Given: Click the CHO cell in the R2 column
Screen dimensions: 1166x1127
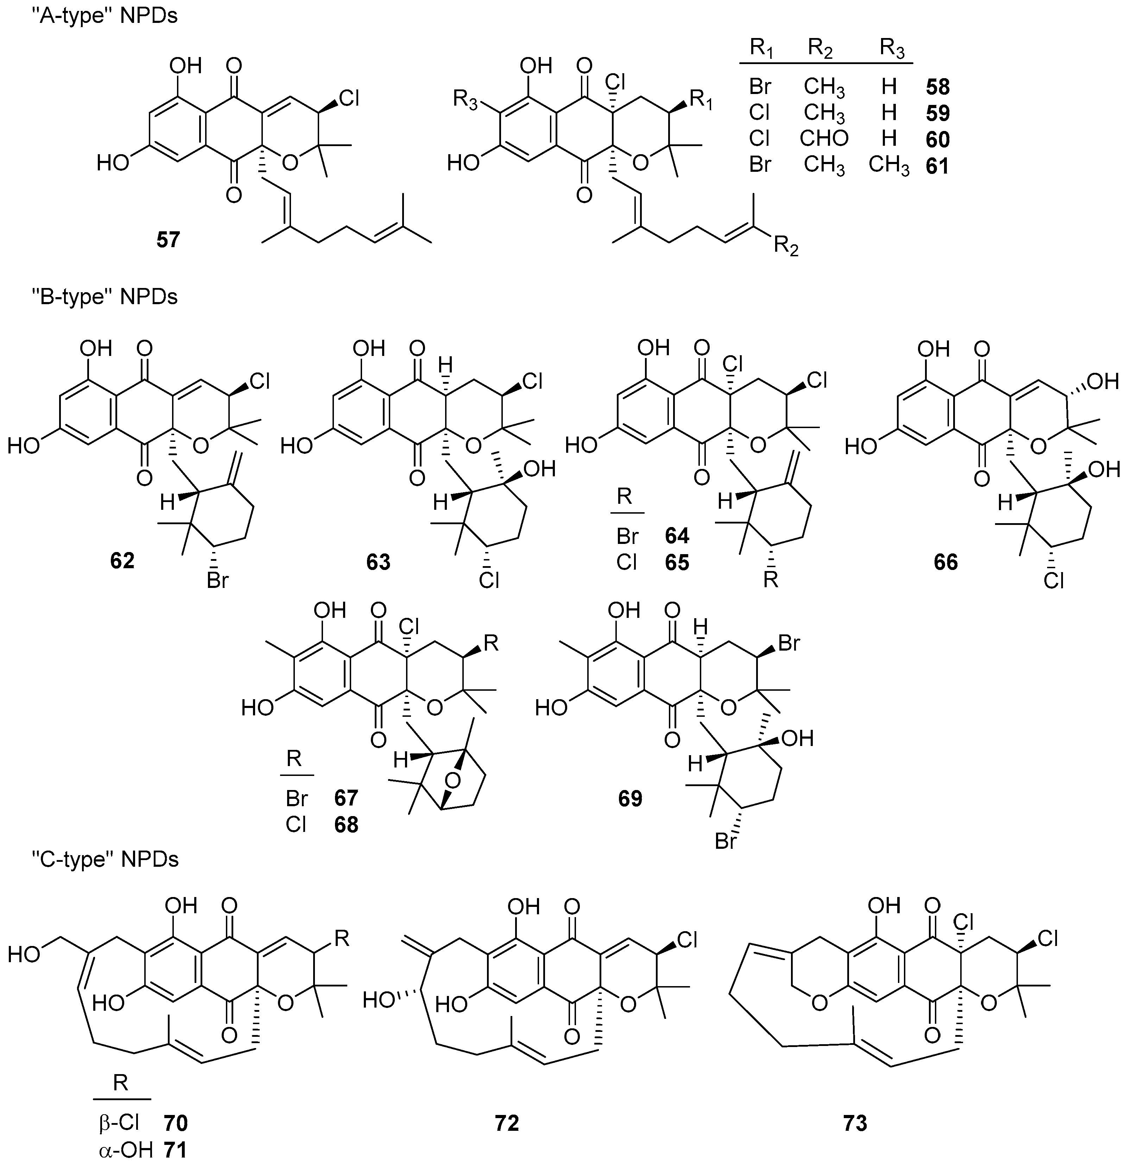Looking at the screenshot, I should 824,139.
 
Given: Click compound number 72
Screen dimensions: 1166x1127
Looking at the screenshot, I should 507,1123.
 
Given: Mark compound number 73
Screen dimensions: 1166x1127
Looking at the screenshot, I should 855,1123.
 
